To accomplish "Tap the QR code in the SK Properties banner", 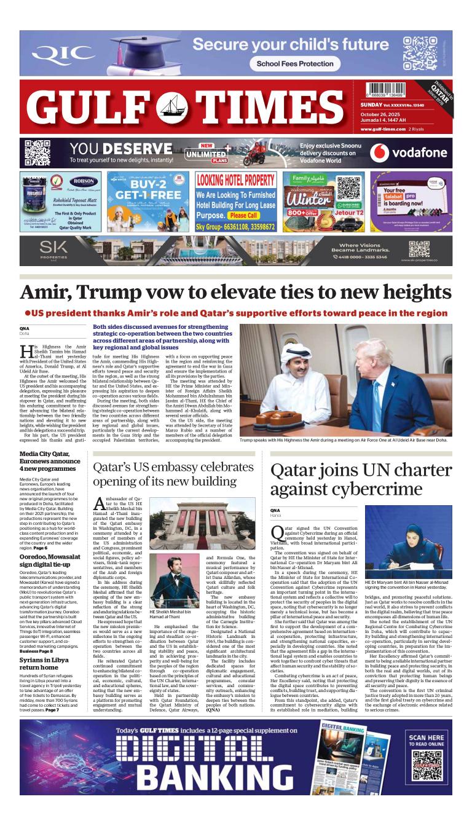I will pos(419,248).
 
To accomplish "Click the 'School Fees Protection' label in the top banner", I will pos(294,63).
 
